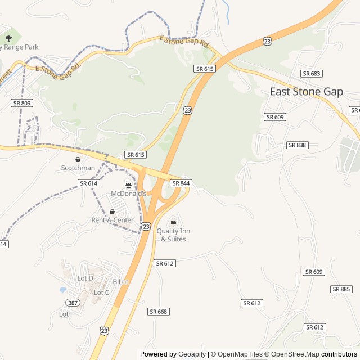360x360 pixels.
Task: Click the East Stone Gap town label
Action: (x=306, y=92)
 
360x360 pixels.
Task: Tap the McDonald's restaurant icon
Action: (x=128, y=184)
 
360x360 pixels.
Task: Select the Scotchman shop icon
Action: (x=78, y=159)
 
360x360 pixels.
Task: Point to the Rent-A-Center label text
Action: (x=112, y=220)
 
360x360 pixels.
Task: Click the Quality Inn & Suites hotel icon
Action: (x=173, y=222)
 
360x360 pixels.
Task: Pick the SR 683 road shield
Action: (x=311, y=74)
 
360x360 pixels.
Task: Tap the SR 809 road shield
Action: (x=22, y=103)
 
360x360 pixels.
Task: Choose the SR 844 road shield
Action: (x=181, y=183)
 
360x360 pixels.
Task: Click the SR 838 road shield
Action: (x=297, y=145)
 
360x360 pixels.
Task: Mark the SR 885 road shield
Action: (x=341, y=289)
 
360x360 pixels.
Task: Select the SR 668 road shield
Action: (x=159, y=312)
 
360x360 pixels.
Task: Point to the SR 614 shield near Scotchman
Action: (x=89, y=183)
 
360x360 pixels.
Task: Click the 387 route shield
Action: (x=73, y=303)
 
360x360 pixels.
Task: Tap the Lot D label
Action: (x=85, y=278)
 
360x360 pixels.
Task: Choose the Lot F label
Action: (x=66, y=314)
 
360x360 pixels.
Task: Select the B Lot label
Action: (x=120, y=282)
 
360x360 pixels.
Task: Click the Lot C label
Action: (x=101, y=292)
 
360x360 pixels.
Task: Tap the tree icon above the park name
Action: (x=8, y=38)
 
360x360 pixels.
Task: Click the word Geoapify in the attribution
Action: (x=192, y=354)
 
